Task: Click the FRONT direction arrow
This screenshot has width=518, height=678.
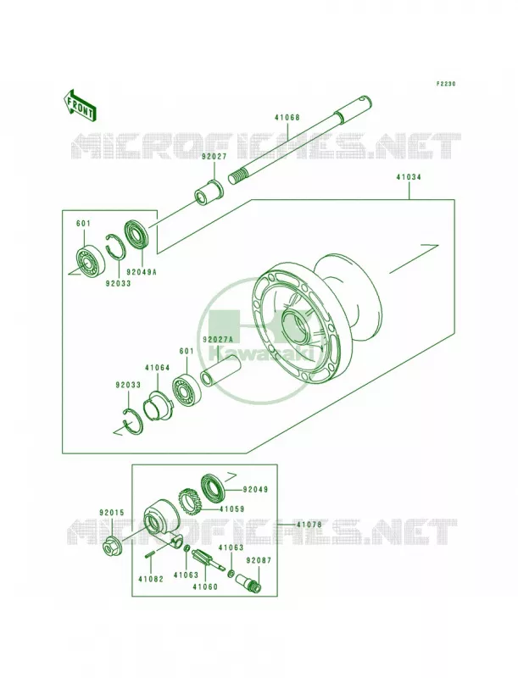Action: [79, 105]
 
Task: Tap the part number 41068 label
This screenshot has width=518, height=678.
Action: [287, 118]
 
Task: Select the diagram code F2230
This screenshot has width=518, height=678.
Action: [445, 83]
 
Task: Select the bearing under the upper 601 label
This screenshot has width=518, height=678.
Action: [90, 261]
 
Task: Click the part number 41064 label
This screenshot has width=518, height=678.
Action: [158, 368]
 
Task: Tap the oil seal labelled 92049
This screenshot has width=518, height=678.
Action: [212, 489]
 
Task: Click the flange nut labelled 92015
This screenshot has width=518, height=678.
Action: [112, 544]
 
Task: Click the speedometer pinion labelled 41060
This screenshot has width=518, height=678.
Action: [208, 559]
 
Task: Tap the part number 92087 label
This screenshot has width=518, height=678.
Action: [258, 560]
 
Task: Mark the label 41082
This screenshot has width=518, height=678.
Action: [150, 579]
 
